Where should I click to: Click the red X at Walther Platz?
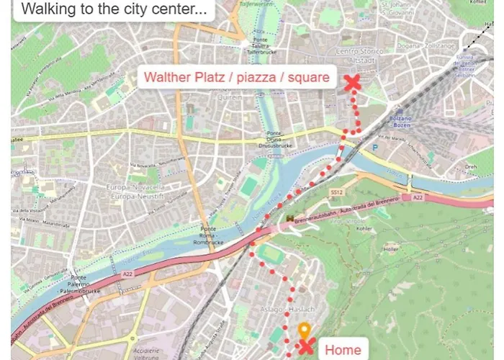tap(352, 83)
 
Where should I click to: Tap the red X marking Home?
tap(306, 348)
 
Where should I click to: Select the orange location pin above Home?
tap(304, 332)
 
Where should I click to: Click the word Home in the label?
tap(342, 350)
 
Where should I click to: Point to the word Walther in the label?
tap(168, 77)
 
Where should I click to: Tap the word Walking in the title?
tap(45, 9)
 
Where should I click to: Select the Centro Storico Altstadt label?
tap(358, 55)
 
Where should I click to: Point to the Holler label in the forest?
tap(392, 249)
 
